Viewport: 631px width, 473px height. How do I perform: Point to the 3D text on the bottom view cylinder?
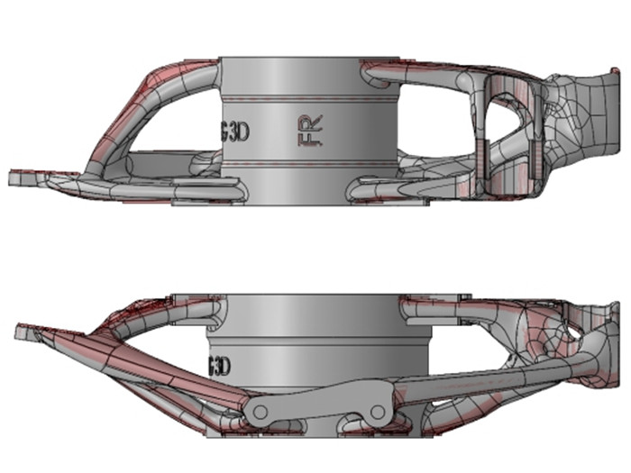click(x=220, y=367)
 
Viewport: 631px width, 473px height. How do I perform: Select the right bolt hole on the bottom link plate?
click(x=376, y=412)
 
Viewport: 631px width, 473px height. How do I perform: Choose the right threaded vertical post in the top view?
click(x=533, y=135)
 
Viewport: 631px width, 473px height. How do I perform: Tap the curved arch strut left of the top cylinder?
click(x=144, y=99)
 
